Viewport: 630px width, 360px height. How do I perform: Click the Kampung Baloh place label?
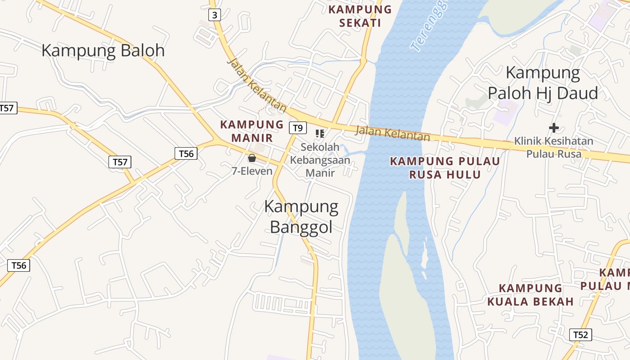coord(103,50)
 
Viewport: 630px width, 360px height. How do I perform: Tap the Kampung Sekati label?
coord(360,16)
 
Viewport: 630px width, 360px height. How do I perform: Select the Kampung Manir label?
coord(252,131)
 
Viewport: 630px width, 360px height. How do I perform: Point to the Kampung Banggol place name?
coord(301,216)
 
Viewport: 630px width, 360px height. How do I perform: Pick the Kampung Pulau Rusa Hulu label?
coord(445,167)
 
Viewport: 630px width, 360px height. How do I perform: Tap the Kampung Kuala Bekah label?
coord(531,295)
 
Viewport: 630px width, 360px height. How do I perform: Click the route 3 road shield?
coord(215,15)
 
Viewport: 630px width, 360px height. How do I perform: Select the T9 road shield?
coord(297,128)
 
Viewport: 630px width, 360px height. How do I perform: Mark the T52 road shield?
coord(580,335)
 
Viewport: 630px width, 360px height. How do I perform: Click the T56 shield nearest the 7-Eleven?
coord(186,153)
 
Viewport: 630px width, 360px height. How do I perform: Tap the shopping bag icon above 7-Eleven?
coord(252,158)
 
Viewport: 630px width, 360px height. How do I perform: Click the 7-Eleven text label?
coord(252,171)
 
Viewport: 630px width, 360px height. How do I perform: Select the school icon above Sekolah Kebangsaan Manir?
coord(320,133)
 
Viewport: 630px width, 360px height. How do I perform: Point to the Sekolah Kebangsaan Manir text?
coord(320,160)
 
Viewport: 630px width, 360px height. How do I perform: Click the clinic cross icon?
coord(554,128)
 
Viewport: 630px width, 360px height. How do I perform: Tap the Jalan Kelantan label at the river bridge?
coord(392,133)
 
